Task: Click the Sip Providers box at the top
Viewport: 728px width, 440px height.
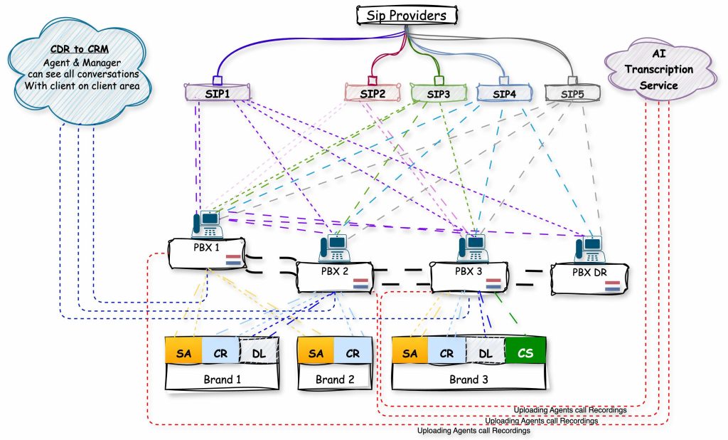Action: click(x=407, y=14)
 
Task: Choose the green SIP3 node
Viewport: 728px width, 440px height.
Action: click(x=439, y=93)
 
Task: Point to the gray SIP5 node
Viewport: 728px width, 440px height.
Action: click(x=571, y=93)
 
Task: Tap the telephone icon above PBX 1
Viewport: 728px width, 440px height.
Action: click(x=207, y=224)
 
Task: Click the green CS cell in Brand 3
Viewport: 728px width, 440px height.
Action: click(x=525, y=352)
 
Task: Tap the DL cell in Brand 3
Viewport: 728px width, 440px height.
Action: click(x=485, y=352)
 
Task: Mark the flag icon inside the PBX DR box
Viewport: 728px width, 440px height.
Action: click(x=612, y=286)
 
